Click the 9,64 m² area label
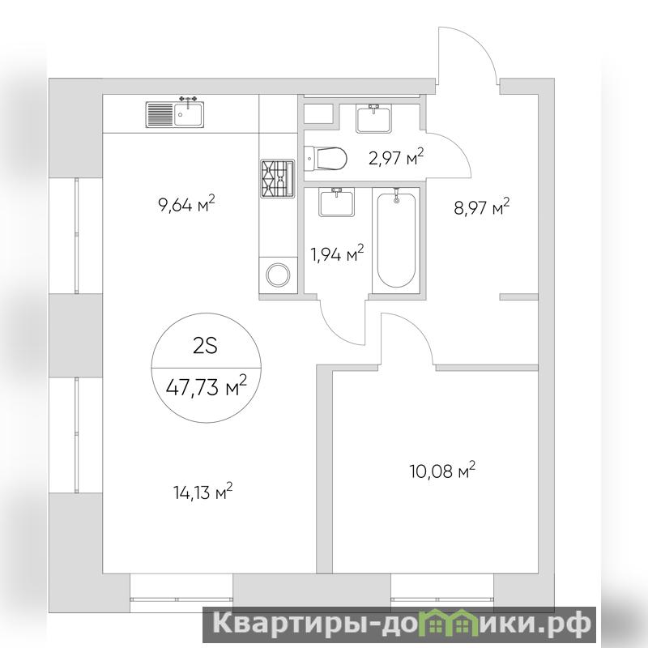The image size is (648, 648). [187, 204]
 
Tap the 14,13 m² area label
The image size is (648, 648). [202, 492]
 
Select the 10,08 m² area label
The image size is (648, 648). [442, 471]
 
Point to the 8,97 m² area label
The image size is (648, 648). [481, 207]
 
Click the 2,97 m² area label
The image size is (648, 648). [396, 157]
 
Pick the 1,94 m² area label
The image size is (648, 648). [337, 254]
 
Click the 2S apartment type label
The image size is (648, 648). [206, 347]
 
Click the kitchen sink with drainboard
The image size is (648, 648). [174, 113]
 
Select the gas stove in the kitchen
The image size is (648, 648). [277, 177]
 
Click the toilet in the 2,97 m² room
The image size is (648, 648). [326, 158]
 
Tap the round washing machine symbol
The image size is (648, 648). [278, 275]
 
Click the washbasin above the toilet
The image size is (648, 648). [373, 118]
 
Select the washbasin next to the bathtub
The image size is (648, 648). [336, 202]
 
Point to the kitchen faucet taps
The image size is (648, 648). [188, 100]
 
